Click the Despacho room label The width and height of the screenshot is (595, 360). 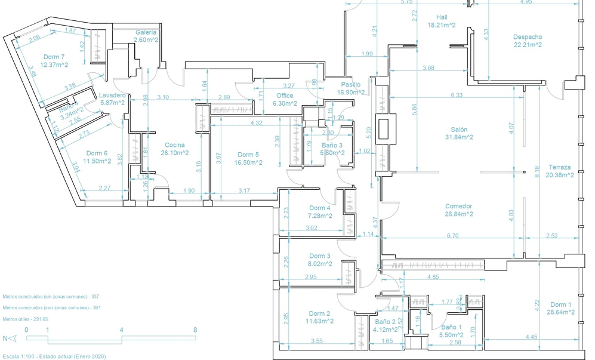(x=528, y=37)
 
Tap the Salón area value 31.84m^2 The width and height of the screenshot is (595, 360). (x=459, y=137)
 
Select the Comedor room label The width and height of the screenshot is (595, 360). (x=459, y=206)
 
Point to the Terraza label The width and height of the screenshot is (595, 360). (x=561, y=167)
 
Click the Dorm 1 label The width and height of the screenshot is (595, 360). (x=561, y=304)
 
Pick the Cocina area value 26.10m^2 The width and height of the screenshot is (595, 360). (x=174, y=153)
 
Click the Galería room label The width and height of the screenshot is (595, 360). (x=146, y=32)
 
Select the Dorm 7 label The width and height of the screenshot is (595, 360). (x=54, y=57)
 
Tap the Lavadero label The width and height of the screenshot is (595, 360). (x=112, y=96)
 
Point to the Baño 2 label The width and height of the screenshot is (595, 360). (x=386, y=322)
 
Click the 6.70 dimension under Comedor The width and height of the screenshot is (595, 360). (x=452, y=236)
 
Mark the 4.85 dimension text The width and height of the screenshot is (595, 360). (x=433, y=277)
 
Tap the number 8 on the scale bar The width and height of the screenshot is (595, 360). (x=195, y=330)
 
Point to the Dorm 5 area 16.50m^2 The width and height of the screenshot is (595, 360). (x=248, y=162)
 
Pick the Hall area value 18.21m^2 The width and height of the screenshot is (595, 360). (x=442, y=25)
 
